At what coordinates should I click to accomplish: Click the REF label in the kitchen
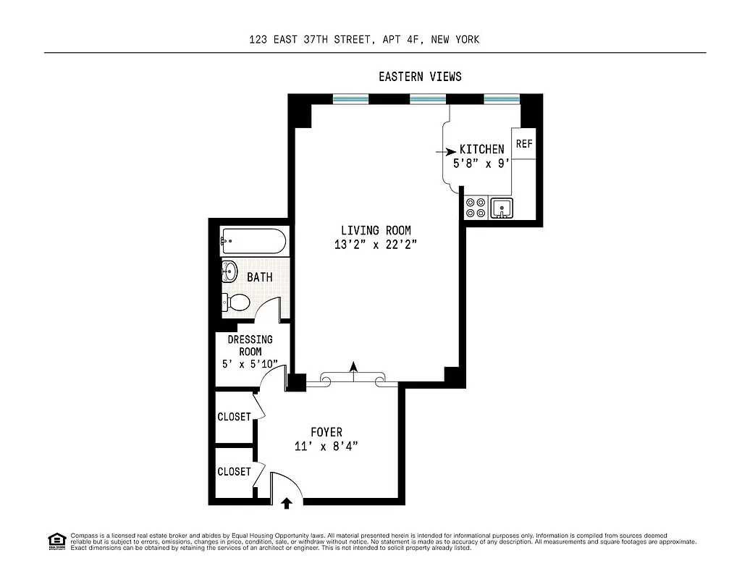(524, 144)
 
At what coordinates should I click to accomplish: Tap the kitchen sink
(501, 208)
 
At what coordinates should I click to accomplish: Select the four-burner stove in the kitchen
(476, 208)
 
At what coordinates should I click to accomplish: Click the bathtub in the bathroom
(253, 241)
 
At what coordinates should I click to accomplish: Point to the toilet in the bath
(237, 302)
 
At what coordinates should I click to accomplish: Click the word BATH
(259, 277)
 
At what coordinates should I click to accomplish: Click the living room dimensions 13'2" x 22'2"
(376, 245)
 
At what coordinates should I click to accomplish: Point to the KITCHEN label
(481, 149)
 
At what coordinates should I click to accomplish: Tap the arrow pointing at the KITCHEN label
(442, 152)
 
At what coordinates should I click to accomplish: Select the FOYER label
(326, 432)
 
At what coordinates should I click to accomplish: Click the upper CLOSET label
(234, 417)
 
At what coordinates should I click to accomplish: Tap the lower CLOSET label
(234, 471)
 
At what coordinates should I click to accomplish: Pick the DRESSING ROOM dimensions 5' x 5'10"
(250, 365)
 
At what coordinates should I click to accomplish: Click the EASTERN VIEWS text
(420, 77)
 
